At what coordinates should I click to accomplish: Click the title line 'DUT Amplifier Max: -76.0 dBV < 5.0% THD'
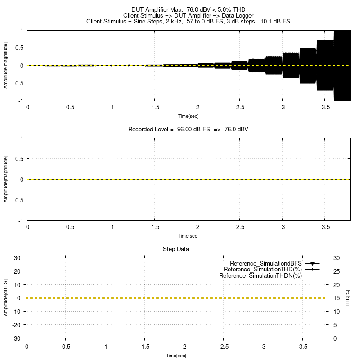click(x=188, y=9)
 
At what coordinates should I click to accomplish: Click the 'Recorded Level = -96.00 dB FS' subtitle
click(x=188, y=129)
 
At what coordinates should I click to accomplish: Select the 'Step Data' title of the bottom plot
click(x=175, y=249)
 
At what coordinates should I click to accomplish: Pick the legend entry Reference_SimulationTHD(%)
click(x=265, y=269)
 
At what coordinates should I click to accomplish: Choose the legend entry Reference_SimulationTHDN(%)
click(x=260, y=275)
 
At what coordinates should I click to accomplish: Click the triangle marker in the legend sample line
click(x=312, y=263)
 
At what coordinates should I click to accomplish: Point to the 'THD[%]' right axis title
click(x=347, y=298)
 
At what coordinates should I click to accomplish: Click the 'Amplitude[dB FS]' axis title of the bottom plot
click(x=6, y=297)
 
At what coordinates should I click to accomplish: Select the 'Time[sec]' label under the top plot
click(x=188, y=116)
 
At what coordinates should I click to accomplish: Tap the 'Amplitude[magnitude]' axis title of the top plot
click(x=6, y=65)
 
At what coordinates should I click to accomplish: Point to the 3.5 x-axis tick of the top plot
click(x=325, y=108)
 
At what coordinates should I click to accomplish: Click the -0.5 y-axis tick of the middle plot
click(x=18, y=200)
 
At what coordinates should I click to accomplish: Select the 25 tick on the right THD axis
click(x=336, y=271)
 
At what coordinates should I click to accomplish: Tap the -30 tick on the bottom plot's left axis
click(x=17, y=338)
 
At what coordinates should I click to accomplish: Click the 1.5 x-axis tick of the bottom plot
click(x=145, y=347)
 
